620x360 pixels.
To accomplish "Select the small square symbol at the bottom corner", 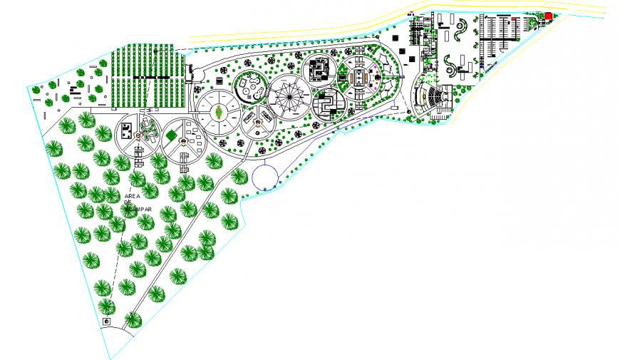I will click(x=107, y=322).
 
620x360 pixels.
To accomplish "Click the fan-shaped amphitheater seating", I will click(x=433, y=98).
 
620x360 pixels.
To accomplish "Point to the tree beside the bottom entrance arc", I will click(x=133, y=320).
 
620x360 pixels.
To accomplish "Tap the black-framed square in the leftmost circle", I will click(x=125, y=130).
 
